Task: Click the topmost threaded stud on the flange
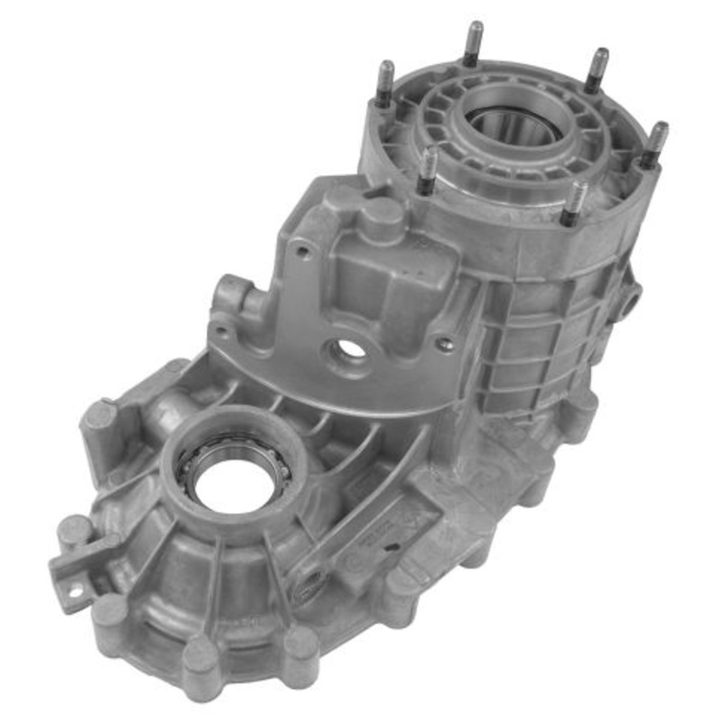(473, 41)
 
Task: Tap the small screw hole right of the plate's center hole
(441, 344)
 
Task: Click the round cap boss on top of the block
(383, 216)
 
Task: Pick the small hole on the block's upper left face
(304, 253)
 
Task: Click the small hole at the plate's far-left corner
(220, 330)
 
